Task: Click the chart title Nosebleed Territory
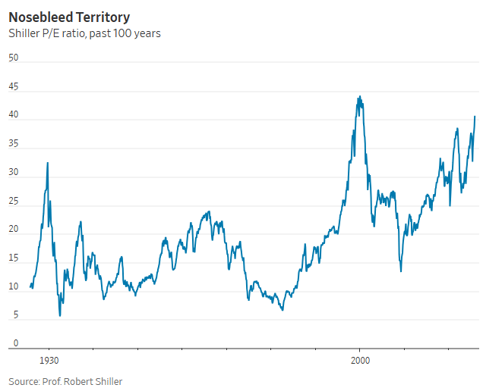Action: pyautogui.click(x=68, y=17)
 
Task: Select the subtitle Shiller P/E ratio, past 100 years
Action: pyautogui.click(x=84, y=33)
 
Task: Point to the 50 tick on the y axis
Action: pyautogui.click(x=14, y=58)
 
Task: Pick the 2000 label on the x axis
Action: pyautogui.click(x=360, y=361)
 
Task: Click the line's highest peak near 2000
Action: pyautogui.click(x=359, y=96)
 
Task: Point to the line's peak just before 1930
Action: pyautogui.click(x=48, y=163)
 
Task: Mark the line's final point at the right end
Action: pyautogui.click(x=475, y=117)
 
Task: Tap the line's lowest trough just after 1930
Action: pyautogui.click(x=60, y=315)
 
